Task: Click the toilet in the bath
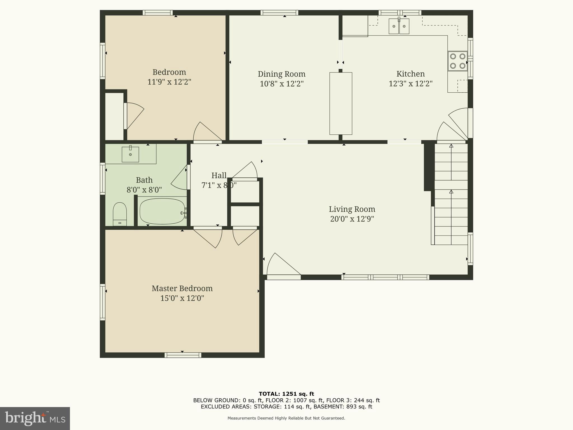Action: [120, 213]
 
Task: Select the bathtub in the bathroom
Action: [162, 211]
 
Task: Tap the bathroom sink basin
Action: [130, 154]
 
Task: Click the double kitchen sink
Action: [399, 26]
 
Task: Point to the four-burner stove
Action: [457, 61]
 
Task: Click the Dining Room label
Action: [281, 74]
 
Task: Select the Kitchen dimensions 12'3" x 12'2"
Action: [410, 84]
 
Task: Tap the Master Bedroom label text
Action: [182, 288]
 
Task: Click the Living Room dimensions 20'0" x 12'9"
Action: [352, 219]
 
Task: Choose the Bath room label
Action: [144, 180]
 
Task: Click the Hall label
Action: [219, 176]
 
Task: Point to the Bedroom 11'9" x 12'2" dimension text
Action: [169, 82]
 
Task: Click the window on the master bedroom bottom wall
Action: [183, 355]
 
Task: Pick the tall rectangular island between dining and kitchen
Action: [340, 104]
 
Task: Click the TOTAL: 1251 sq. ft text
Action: [286, 394]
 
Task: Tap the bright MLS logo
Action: [35, 418]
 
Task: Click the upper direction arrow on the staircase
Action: [451, 146]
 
